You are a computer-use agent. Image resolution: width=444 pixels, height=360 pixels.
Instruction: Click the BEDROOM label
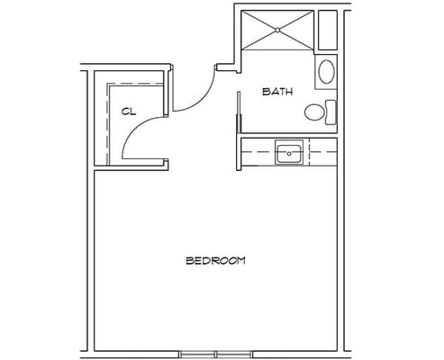[x=215, y=260]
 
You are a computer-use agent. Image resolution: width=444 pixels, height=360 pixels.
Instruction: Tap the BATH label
[x=277, y=92]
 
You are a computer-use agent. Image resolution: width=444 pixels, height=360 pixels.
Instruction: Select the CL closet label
[x=129, y=112]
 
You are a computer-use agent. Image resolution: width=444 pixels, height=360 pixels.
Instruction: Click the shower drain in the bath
[x=277, y=30]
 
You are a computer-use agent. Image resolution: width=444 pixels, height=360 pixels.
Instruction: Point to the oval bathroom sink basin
[x=326, y=72]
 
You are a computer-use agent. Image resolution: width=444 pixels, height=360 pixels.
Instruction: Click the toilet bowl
[x=314, y=112]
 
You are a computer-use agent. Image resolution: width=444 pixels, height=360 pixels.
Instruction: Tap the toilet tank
[x=331, y=112]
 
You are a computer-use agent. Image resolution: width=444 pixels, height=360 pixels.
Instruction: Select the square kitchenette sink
[x=289, y=153]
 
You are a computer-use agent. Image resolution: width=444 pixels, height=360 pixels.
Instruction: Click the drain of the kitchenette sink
[x=289, y=154]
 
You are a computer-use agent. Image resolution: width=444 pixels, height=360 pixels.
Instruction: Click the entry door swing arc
[x=204, y=98]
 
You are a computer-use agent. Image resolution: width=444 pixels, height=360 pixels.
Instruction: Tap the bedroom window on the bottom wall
[x=216, y=355]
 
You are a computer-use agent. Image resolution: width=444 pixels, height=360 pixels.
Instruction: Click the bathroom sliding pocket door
[x=239, y=112]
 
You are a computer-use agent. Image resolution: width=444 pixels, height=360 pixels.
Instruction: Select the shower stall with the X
[x=277, y=30]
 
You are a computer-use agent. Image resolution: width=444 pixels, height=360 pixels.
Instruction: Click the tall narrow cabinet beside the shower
[x=328, y=30]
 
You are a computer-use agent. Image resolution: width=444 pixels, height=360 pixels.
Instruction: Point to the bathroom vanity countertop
[x=326, y=72]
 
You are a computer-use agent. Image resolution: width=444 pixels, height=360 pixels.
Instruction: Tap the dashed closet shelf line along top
[x=135, y=83]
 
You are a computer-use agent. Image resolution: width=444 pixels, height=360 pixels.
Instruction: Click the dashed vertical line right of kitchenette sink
[x=309, y=152]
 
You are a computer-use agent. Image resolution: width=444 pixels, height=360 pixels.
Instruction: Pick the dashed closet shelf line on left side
[x=107, y=123]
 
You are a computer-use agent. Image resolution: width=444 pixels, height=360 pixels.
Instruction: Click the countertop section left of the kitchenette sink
[x=258, y=152]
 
